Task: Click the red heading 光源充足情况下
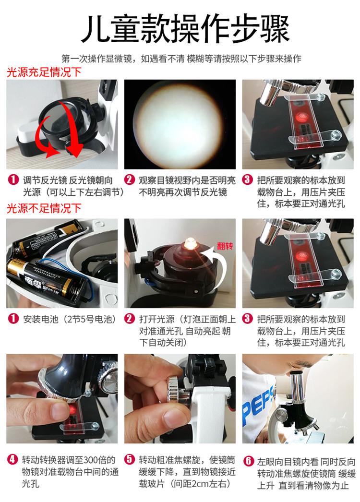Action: pos(44,72)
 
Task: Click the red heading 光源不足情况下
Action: pos(44,208)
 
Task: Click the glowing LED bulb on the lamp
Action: pos(190,244)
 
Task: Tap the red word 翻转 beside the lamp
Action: pos(225,246)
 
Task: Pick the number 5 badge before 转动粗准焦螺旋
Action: pos(130,460)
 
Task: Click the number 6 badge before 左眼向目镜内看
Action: pos(248,461)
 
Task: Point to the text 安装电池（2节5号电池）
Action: pos(69,319)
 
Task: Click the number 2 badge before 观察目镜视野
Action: pos(130,179)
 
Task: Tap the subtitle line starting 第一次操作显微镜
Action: pos(181,58)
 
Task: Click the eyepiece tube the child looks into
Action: pos(297,387)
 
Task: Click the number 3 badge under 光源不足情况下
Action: pos(248,319)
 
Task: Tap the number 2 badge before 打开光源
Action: pos(130,319)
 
